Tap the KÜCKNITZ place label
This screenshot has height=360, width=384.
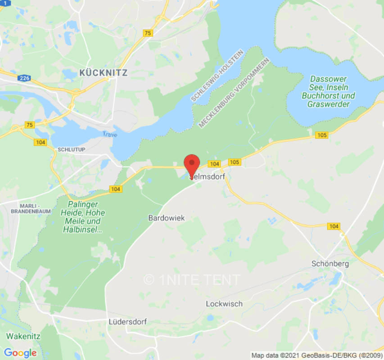point(103,72)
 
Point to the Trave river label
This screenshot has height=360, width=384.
point(109,134)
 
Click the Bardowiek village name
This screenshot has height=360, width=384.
point(167,218)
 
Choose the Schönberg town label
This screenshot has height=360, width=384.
point(330,264)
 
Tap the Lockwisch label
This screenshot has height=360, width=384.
point(224,304)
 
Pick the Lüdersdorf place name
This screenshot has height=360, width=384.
point(128,322)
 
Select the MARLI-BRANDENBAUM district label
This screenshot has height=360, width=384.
point(31,208)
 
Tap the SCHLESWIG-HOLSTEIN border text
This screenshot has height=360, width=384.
point(217,76)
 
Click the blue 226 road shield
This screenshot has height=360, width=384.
point(24,78)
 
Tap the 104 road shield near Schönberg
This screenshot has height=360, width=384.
point(334,226)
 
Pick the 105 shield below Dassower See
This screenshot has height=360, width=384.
point(321,135)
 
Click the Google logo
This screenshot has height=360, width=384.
point(20,353)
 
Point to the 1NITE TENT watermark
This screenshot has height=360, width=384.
point(192,279)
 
